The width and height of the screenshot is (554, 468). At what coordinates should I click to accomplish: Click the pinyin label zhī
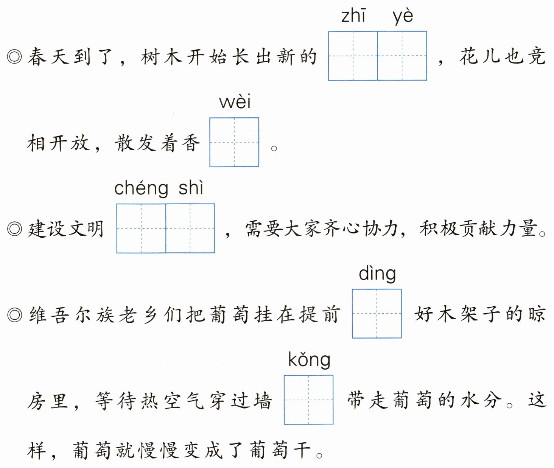[x=353, y=17]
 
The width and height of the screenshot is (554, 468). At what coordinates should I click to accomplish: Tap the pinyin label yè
[x=403, y=17]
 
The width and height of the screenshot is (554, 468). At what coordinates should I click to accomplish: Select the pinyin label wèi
[x=235, y=102]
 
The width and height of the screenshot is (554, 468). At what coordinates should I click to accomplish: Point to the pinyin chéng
[x=141, y=188]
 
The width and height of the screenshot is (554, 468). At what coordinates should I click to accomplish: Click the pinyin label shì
[x=191, y=188]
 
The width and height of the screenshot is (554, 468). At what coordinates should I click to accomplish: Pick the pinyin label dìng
[x=377, y=274]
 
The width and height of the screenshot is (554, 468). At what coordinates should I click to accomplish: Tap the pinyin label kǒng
[x=309, y=360]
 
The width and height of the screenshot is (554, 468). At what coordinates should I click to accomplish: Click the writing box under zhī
[x=353, y=56]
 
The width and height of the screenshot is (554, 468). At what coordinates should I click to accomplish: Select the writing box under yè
[x=402, y=56]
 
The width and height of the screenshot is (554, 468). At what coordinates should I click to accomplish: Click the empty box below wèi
[x=234, y=142]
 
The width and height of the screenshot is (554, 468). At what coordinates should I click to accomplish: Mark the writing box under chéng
[x=141, y=229]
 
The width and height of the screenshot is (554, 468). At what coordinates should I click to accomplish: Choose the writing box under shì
[x=190, y=229]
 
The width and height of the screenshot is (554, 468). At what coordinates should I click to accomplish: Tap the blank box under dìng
[x=377, y=314]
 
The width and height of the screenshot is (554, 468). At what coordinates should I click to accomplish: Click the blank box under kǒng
[x=308, y=400]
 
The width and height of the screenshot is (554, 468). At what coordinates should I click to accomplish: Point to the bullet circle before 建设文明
[x=15, y=229]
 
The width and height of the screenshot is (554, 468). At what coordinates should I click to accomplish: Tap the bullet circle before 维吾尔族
[x=15, y=315]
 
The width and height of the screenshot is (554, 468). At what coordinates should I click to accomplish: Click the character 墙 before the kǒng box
[x=262, y=401]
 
